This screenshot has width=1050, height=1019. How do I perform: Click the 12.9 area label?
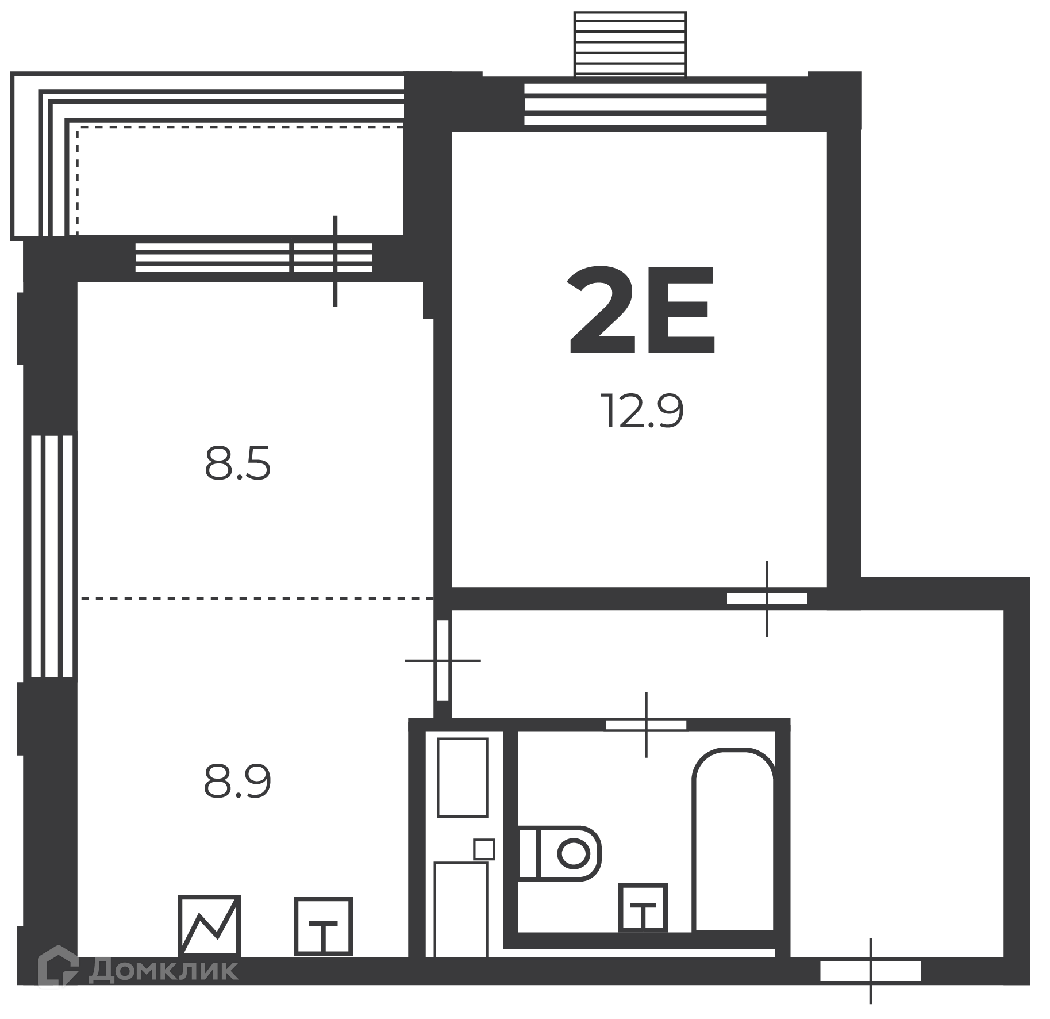pyautogui.click(x=642, y=411)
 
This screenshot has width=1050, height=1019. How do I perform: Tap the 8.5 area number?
pyautogui.click(x=237, y=465)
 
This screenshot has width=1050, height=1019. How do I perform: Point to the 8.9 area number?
pyautogui.click(x=237, y=782)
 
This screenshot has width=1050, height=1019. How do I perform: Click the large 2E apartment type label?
pyautogui.click(x=642, y=311)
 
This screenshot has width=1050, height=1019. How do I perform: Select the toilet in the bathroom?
pyautogui.click(x=559, y=853)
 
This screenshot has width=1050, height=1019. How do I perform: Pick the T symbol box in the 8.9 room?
pyautogui.click(x=323, y=926)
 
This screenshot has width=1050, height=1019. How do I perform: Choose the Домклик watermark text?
pyautogui.click(x=163, y=970)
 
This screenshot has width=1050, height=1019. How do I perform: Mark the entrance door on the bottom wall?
pyautogui.click(x=870, y=971)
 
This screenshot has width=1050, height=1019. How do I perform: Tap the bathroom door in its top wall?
pyautogui.click(x=646, y=725)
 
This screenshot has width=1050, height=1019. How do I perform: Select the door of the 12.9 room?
pyautogui.click(x=767, y=599)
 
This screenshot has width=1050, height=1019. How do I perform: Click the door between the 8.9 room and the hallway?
pyautogui.click(x=442, y=660)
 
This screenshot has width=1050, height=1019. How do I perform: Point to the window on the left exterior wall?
pyautogui.click(x=52, y=556)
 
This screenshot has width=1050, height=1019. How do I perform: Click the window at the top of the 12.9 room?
pyautogui.click(x=645, y=104)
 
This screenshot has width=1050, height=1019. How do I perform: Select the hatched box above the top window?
pyautogui.click(x=630, y=44)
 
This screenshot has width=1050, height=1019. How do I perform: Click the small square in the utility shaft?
pyautogui.click(x=483, y=849)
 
